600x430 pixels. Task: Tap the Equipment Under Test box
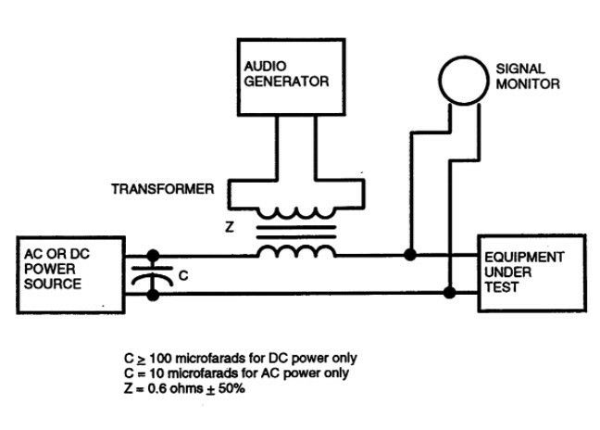(526, 271)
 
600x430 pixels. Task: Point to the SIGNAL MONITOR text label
(530, 75)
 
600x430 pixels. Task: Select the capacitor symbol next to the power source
(153, 274)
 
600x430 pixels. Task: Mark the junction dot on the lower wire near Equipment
(449, 294)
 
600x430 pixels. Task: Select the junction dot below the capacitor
(153, 294)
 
